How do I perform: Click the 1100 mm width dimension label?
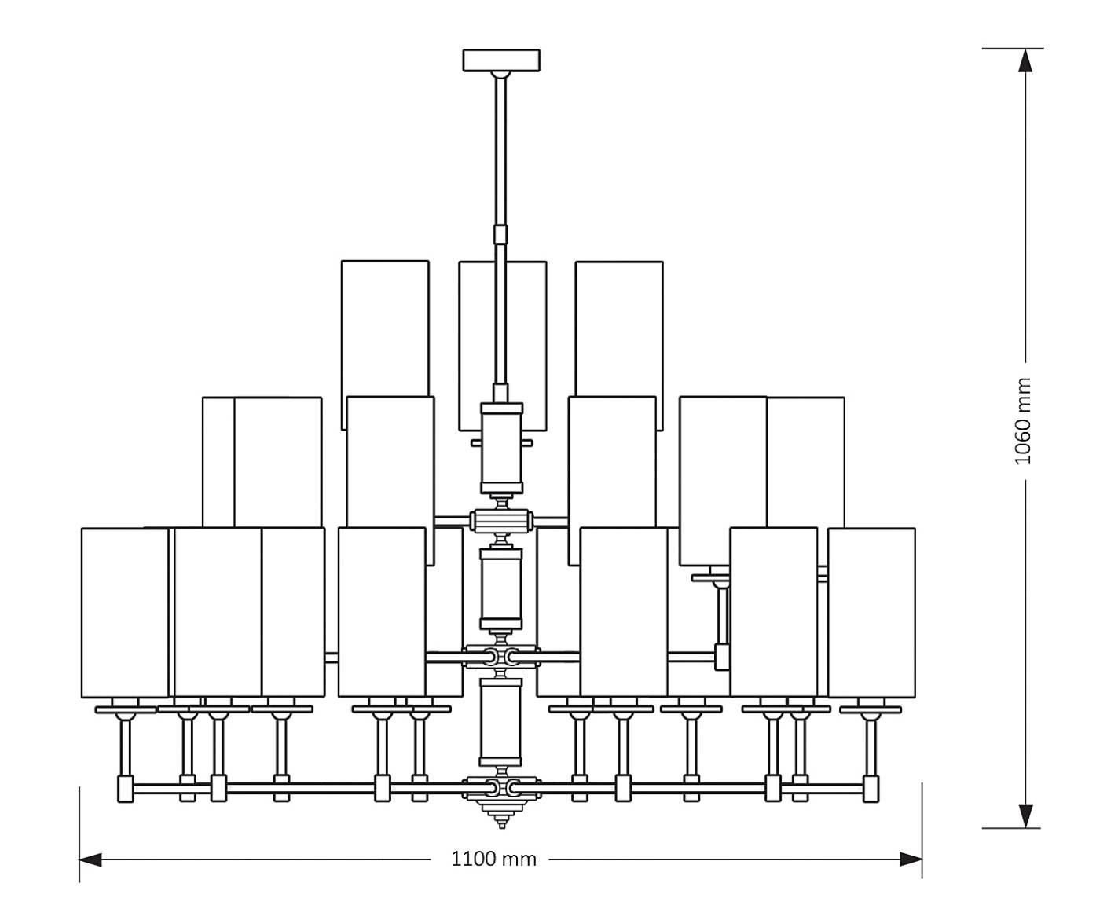(493, 859)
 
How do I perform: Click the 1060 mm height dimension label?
(1022, 421)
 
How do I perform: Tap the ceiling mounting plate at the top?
(501, 60)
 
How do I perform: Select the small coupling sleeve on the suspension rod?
(500, 234)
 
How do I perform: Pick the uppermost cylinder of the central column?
(501, 444)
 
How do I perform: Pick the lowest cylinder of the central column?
(501, 721)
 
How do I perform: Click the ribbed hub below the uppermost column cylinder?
(501, 520)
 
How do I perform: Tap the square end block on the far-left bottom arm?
(126, 788)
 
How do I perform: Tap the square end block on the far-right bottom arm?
(871, 788)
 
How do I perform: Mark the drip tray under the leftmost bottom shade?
(126, 709)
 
